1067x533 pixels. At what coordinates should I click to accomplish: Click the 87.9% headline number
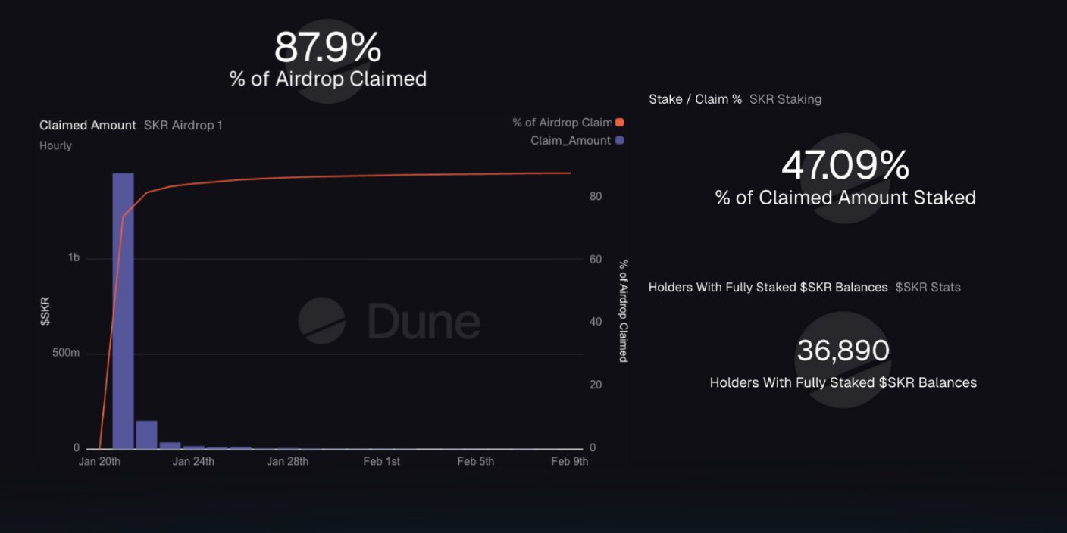point(327,48)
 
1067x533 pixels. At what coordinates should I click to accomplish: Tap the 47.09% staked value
point(845,165)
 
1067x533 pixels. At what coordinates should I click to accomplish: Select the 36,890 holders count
point(843,351)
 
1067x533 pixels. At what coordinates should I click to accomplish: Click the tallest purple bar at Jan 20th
point(123,310)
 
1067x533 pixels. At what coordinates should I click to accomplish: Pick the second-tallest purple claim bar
point(146,435)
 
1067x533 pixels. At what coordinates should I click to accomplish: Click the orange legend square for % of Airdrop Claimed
point(620,123)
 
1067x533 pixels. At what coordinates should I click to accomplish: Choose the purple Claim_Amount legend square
point(620,140)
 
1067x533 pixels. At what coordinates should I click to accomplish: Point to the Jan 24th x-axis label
point(193,462)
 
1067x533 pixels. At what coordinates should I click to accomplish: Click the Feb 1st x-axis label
point(381,462)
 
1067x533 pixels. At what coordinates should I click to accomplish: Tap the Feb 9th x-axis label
point(569,462)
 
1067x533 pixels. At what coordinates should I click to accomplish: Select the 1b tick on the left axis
point(74,258)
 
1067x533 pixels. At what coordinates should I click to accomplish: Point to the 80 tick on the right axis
point(596,196)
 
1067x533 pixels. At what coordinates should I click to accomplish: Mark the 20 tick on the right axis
point(596,385)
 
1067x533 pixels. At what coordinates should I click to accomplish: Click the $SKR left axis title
point(45,312)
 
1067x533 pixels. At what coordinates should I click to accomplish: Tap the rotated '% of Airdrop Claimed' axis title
point(623,311)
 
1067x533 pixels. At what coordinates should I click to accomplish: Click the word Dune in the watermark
point(424,322)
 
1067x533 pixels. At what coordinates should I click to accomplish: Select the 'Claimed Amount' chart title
point(88,126)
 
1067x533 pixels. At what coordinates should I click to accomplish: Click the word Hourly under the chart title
point(55,145)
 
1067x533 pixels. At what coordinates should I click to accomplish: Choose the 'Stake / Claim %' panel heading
point(695,99)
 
